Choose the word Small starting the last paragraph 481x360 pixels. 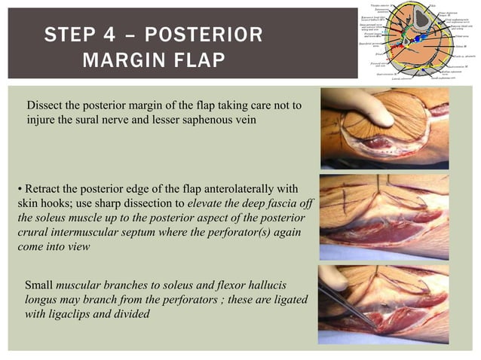point(39,285)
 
